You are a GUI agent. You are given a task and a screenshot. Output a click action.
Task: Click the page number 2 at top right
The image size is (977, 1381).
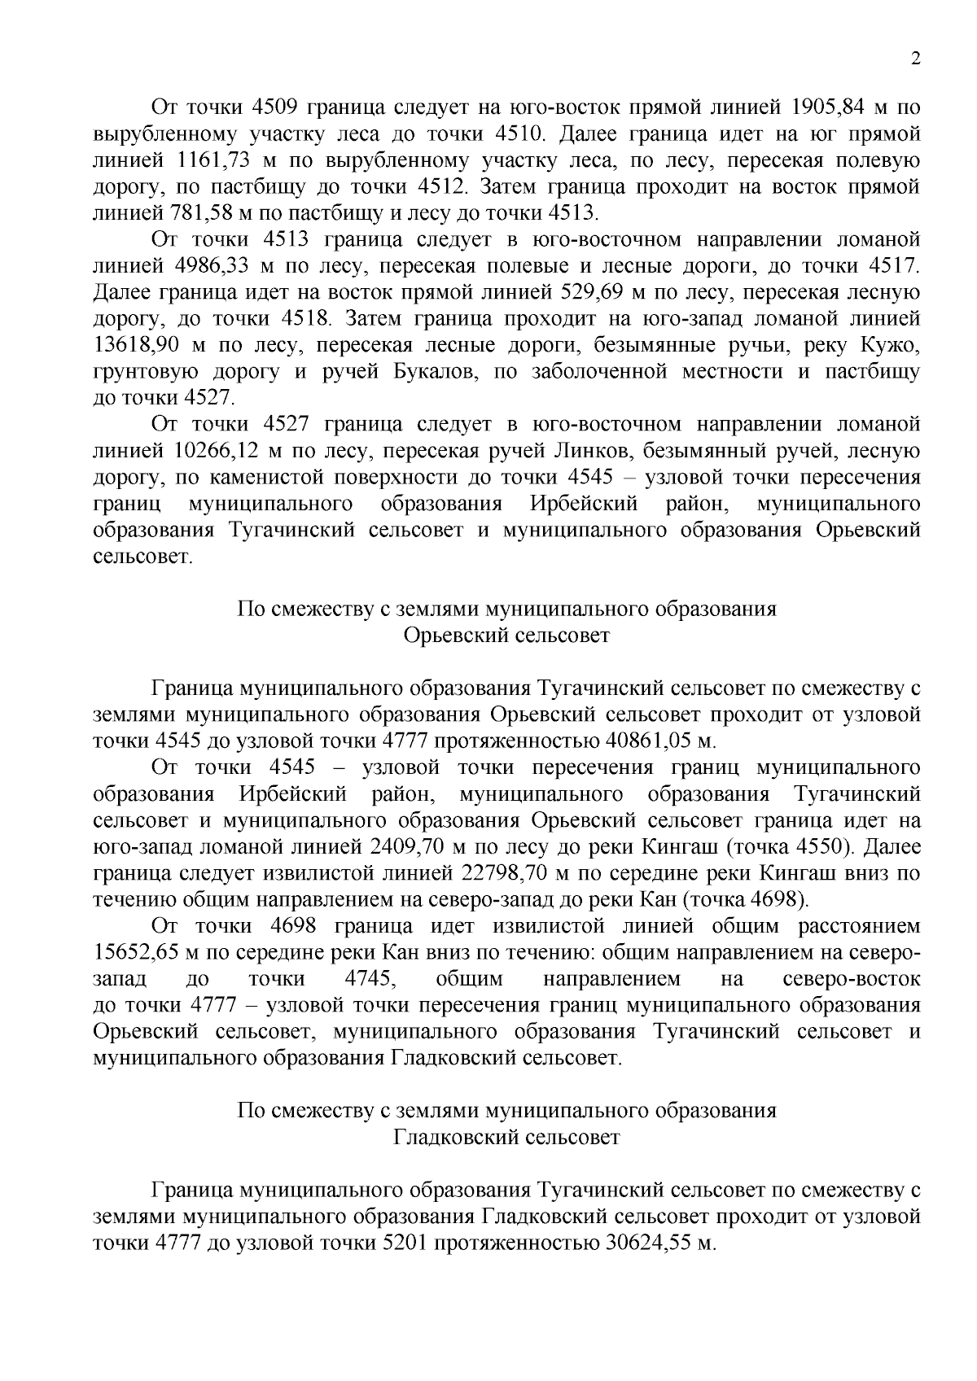915,59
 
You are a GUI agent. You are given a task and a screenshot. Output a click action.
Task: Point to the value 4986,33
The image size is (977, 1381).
216,266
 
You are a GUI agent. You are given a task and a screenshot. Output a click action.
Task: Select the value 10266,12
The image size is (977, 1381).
222,451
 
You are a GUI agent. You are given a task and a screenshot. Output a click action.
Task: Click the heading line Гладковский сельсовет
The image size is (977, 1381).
506,1137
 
